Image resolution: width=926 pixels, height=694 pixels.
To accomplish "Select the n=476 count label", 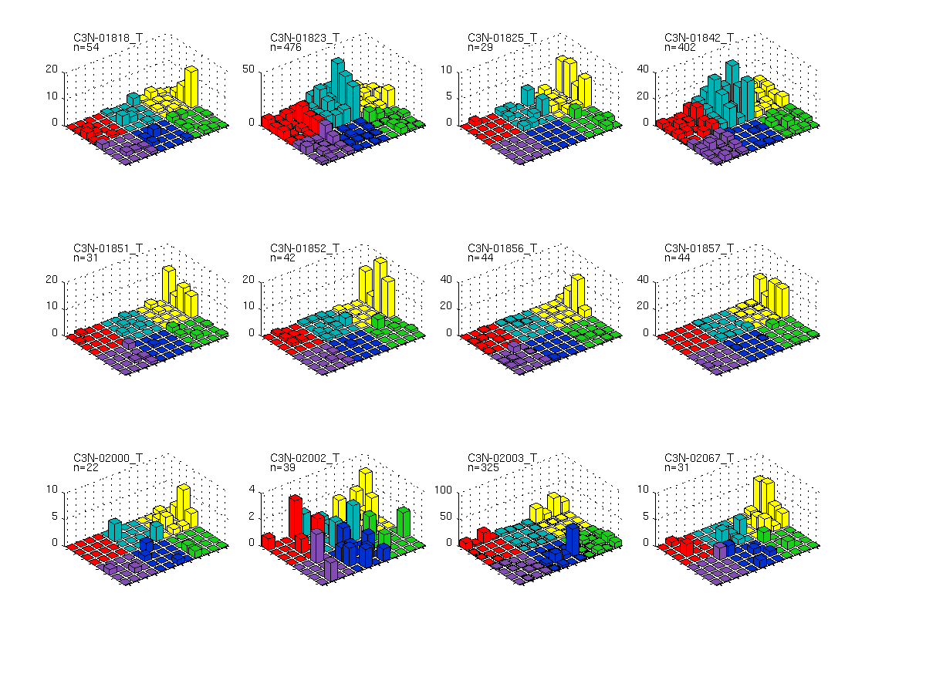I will (286, 47).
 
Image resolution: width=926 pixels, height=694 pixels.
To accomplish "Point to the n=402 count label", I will (680, 47).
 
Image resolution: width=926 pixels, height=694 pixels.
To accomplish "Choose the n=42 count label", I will (283, 258).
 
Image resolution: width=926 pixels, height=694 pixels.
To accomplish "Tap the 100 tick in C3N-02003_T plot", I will (443, 490).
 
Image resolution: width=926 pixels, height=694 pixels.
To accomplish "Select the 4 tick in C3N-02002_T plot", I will (252, 490).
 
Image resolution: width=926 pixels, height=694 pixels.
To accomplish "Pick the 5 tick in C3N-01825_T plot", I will (449, 96).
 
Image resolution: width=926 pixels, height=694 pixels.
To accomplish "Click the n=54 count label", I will (86, 47).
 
